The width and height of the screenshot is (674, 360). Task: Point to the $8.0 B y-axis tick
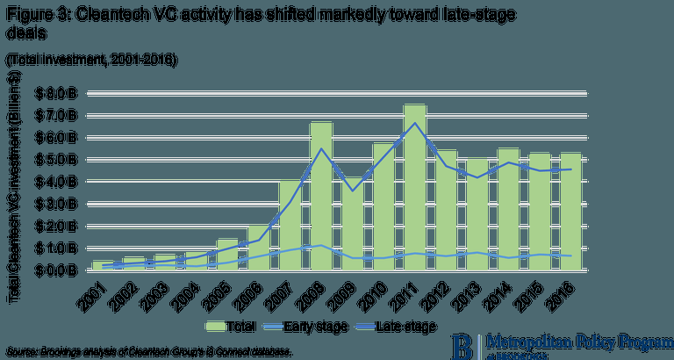click(x=58, y=92)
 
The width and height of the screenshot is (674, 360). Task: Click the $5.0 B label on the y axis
click(x=58, y=160)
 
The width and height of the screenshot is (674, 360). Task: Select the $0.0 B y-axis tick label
click(x=58, y=270)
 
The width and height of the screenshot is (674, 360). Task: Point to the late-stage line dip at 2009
click(x=353, y=191)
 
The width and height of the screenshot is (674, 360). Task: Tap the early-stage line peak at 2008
click(x=321, y=245)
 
